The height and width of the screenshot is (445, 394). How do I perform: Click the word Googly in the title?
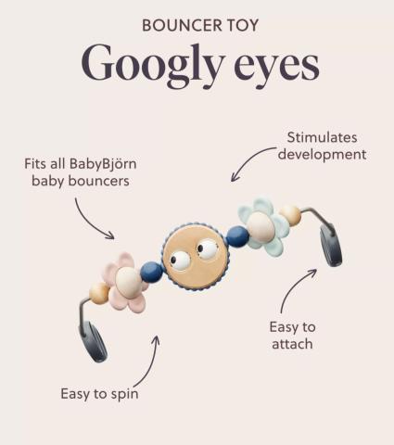[152, 66]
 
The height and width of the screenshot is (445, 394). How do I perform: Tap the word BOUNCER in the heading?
[182, 25]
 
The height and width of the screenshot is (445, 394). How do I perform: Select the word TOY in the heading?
[243, 25]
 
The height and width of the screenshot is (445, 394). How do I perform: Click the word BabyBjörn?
[103, 164]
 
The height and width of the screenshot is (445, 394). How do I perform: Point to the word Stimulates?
[322, 137]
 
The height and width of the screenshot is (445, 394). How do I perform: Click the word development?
[322, 155]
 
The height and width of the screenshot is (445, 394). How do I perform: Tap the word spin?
[124, 395]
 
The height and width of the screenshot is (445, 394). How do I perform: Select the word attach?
[292, 344]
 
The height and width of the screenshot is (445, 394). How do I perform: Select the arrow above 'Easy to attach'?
[291, 287]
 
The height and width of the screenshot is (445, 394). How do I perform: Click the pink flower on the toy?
[124, 282]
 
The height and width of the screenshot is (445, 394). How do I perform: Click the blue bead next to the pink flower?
[151, 272]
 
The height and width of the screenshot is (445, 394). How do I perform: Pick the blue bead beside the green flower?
[237, 236]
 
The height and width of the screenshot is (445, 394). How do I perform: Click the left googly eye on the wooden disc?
[180, 261]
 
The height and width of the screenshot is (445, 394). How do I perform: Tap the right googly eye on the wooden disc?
[207, 249]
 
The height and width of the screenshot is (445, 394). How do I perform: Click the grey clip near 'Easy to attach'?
[331, 246]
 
